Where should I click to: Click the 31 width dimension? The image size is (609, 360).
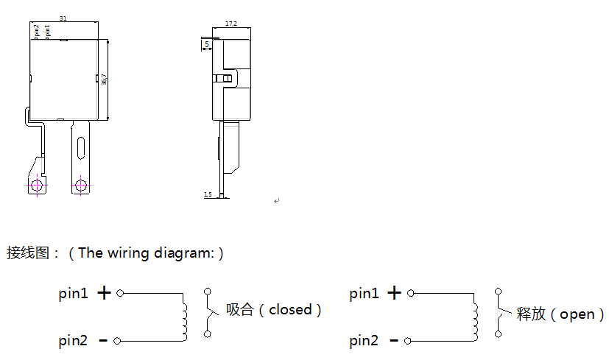pos(63,19)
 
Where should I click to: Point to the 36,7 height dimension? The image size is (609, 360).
pos(105,79)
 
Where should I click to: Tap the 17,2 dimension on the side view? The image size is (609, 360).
pos(231,24)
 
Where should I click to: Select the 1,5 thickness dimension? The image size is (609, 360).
pos(208,194)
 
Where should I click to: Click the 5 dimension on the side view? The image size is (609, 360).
pos(207,45)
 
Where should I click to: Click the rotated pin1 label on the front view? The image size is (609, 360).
pos(48,31)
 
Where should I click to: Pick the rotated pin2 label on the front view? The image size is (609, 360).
pos(37,31)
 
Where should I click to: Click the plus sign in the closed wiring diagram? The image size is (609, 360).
pos(105,293)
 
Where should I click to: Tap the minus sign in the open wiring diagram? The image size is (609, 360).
pos(394,341)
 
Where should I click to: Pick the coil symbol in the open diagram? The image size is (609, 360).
pos(475,317)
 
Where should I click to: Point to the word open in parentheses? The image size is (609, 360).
pos(577,314)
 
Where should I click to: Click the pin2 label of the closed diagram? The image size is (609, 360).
pos(74,341)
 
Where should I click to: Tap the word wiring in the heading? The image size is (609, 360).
pos(128,253)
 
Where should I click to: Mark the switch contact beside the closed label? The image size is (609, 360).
pos(209,314)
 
